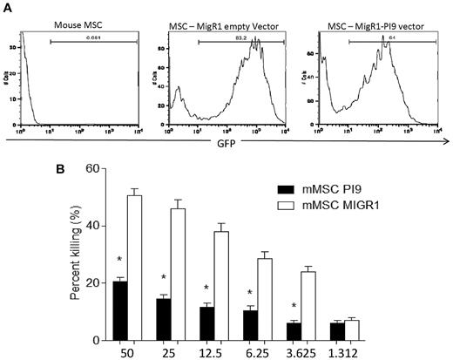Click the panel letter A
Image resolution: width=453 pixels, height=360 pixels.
click(x=11, y=7)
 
